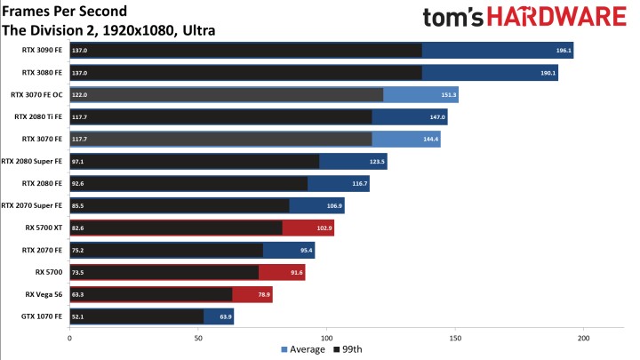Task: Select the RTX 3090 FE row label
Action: (41, 51)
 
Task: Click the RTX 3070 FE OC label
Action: (36, 94)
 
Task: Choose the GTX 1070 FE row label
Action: (42, 316)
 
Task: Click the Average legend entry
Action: (301, 350)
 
